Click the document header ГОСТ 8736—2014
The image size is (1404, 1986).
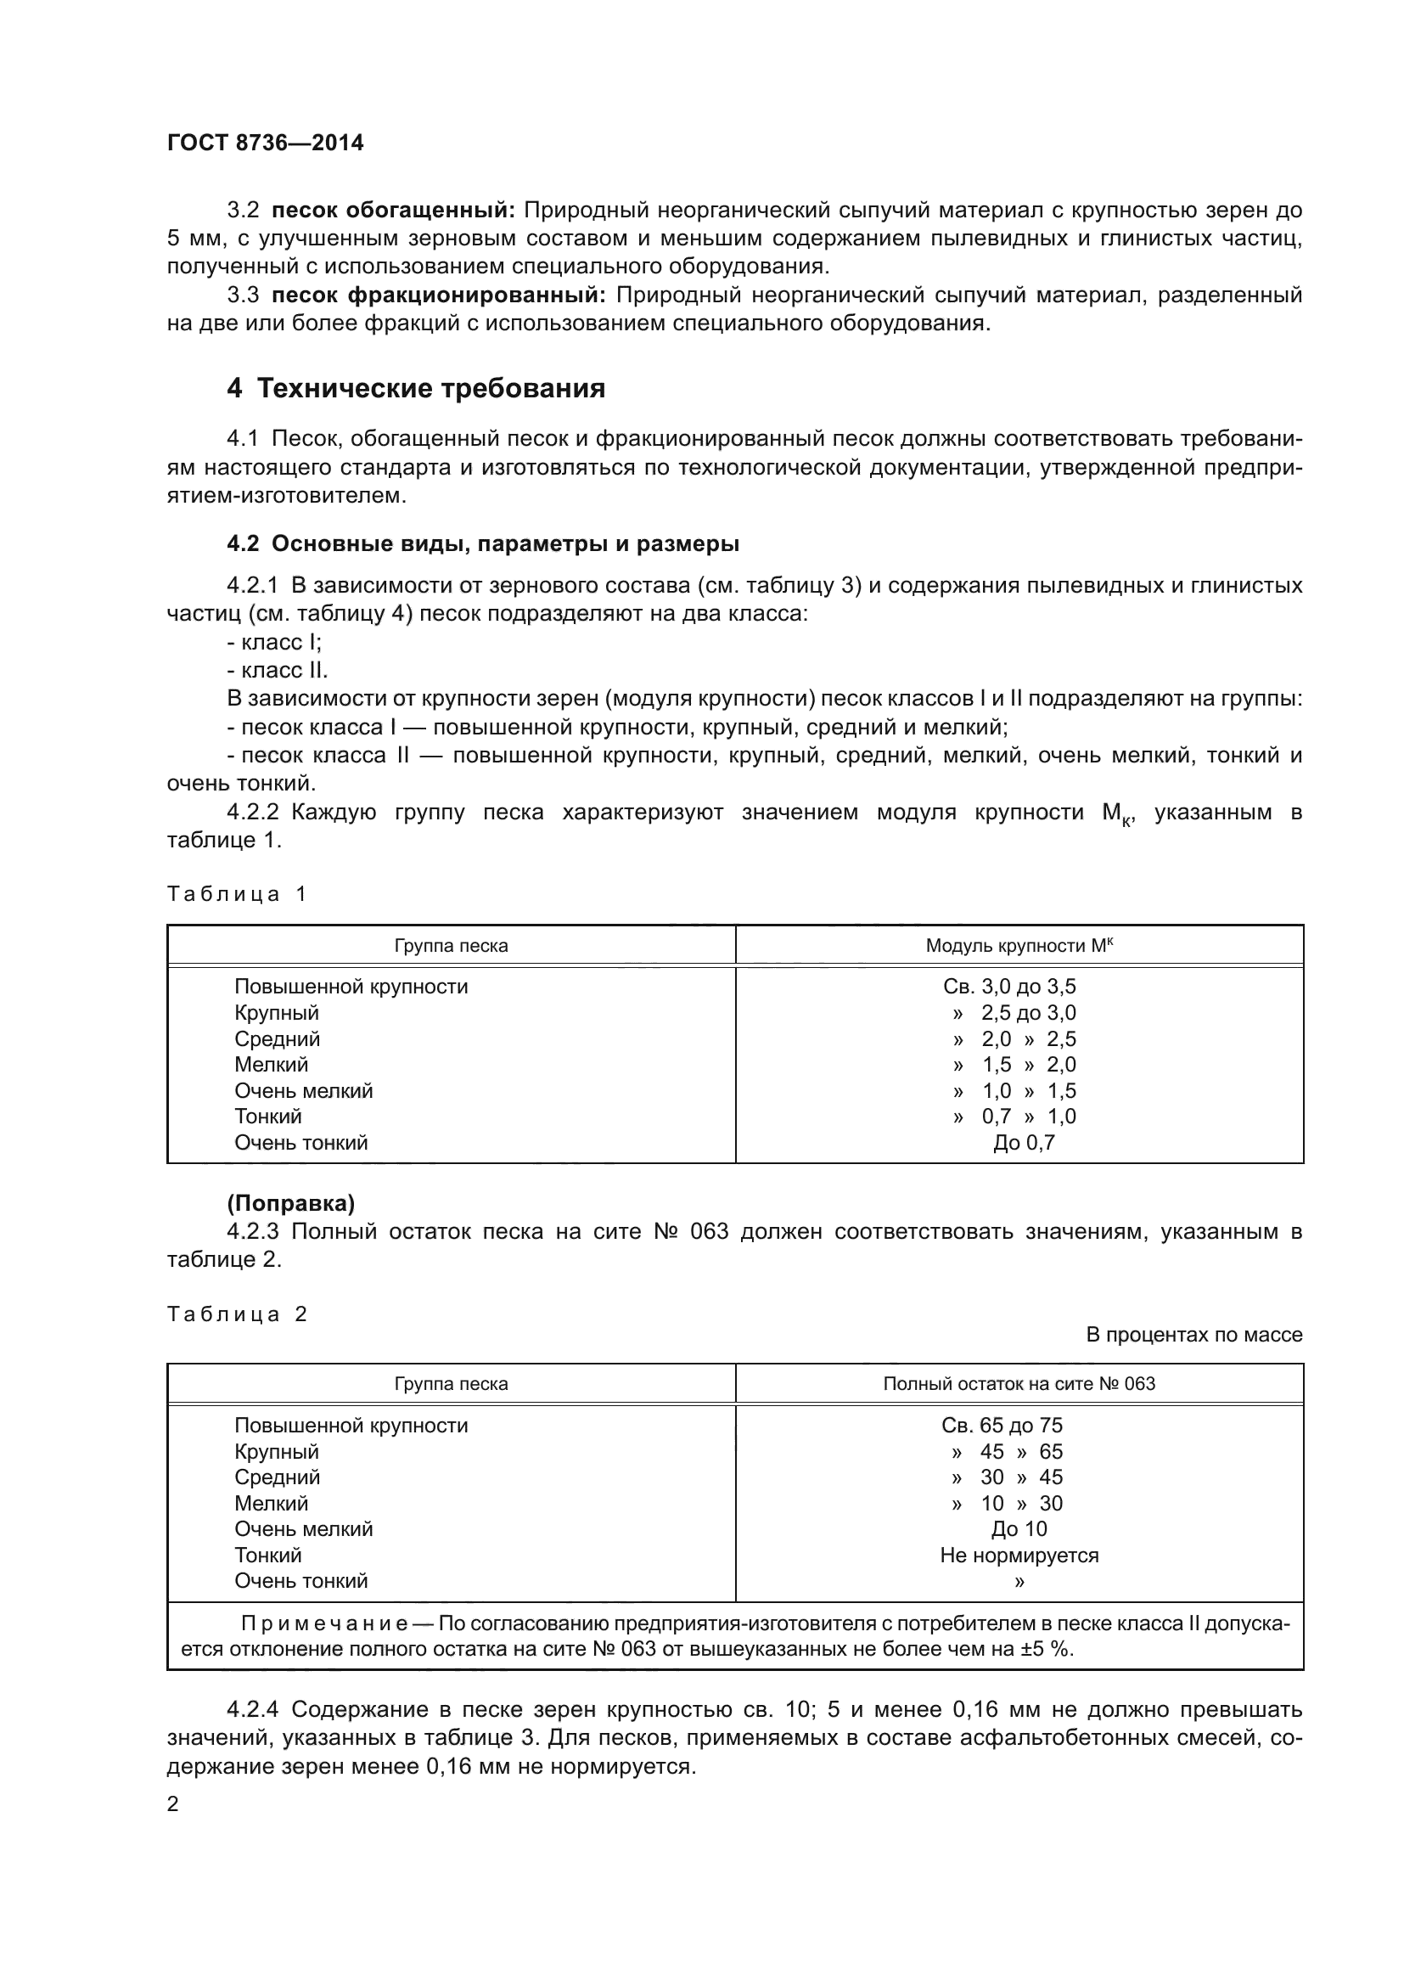click(266, 143)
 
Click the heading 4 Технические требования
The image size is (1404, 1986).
click(416, 388)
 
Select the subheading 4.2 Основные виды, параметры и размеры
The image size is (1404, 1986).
click(482, 544)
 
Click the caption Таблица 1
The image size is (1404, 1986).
click(237, 893)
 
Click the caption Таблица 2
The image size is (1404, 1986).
click(237, 1314)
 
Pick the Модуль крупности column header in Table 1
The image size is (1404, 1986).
click(1019, 945)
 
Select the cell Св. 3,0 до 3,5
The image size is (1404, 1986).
click(1009, 986)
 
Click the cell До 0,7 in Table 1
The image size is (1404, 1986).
click(1024, 1142)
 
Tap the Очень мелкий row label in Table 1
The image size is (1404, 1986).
click(303, 1090)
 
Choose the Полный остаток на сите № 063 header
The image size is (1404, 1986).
click(1019, 1383)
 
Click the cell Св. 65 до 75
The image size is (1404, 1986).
click(1002, 1425)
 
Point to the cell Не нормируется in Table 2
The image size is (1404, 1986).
click(1019, 1555)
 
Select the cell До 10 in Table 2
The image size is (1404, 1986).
click(1019, 1528)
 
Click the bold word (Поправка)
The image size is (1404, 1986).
click(290, 1203)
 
